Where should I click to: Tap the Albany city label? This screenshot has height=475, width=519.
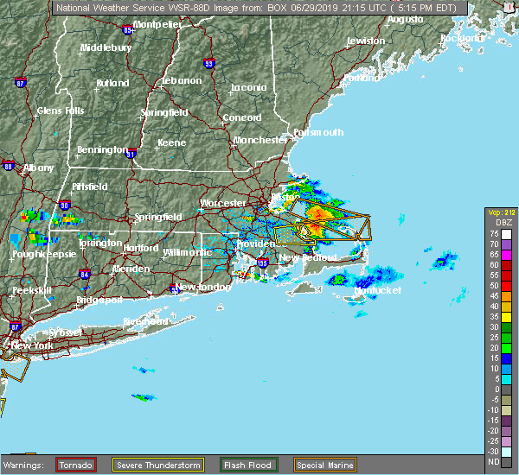39,167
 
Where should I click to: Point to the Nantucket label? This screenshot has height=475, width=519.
377,290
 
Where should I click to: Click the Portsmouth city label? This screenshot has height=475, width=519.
317,132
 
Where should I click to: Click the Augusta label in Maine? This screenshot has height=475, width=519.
405,18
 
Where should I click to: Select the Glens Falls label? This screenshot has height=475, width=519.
61,111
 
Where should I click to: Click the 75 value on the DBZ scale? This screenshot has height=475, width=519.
493,233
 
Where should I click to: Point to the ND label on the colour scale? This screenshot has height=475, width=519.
493,462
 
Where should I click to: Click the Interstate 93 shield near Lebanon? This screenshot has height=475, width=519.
208,63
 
